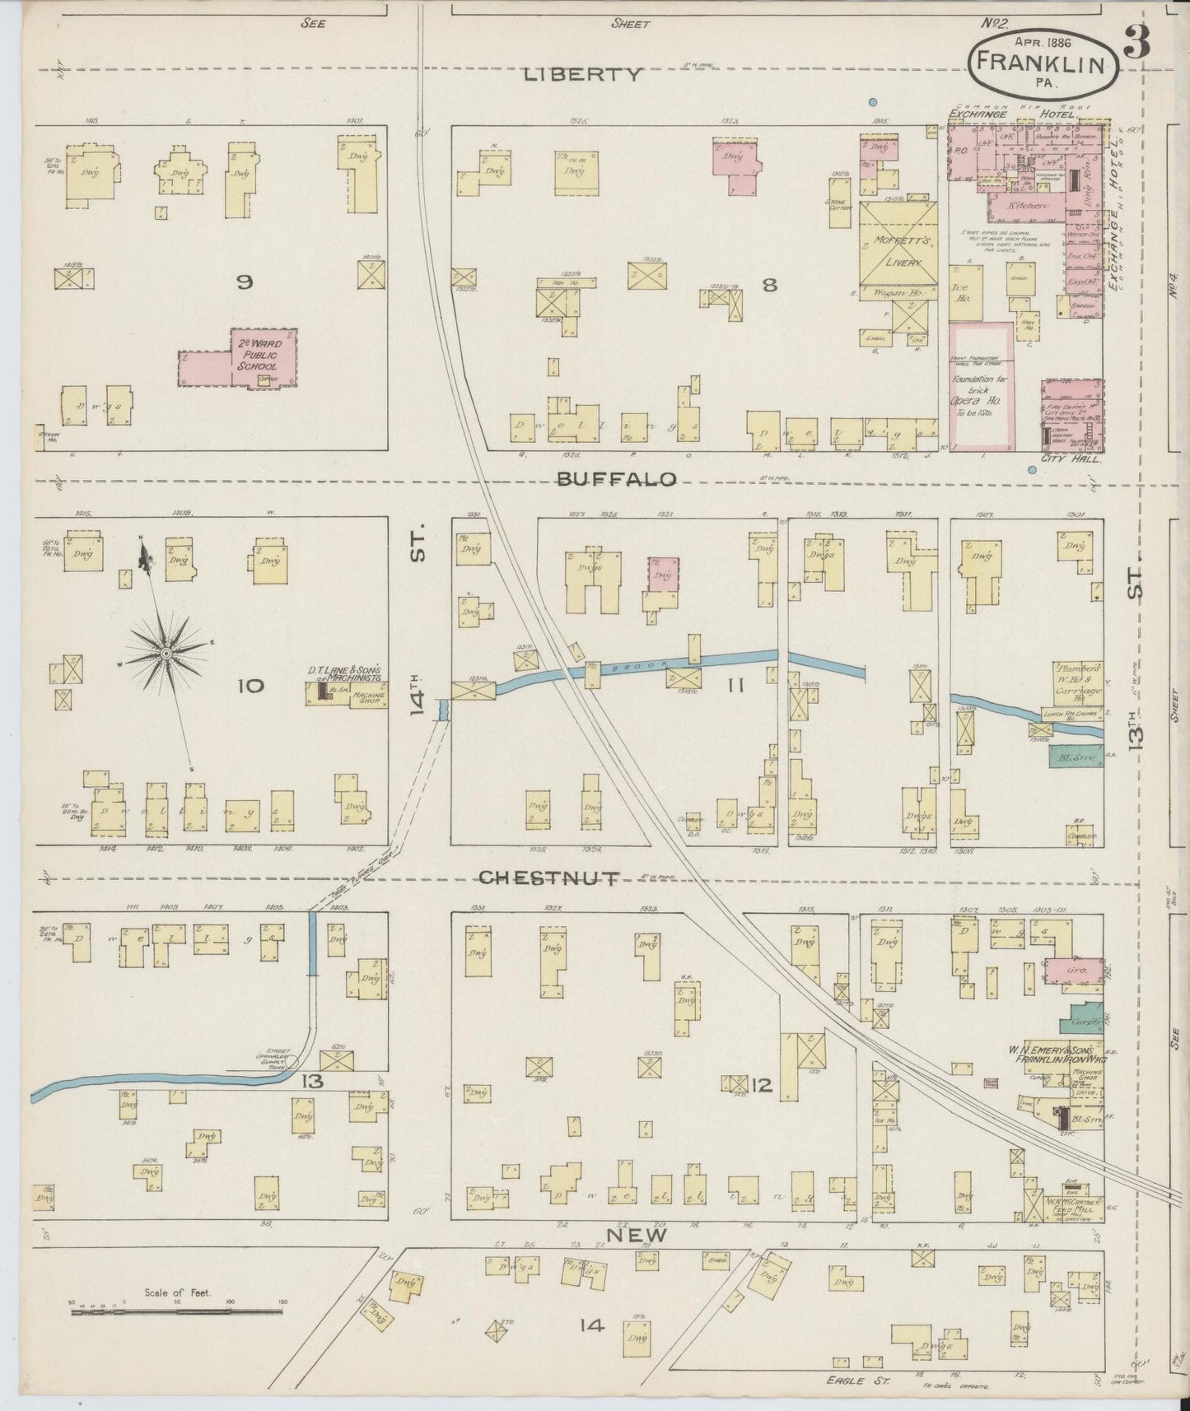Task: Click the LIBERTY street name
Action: click(583, 75)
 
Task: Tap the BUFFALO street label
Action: click(616, 479)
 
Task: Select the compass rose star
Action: click(166, 653)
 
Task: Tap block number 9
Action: click(244, 282)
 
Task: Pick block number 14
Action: click(591, 1325)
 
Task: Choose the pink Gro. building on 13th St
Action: click(1073, 971)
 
